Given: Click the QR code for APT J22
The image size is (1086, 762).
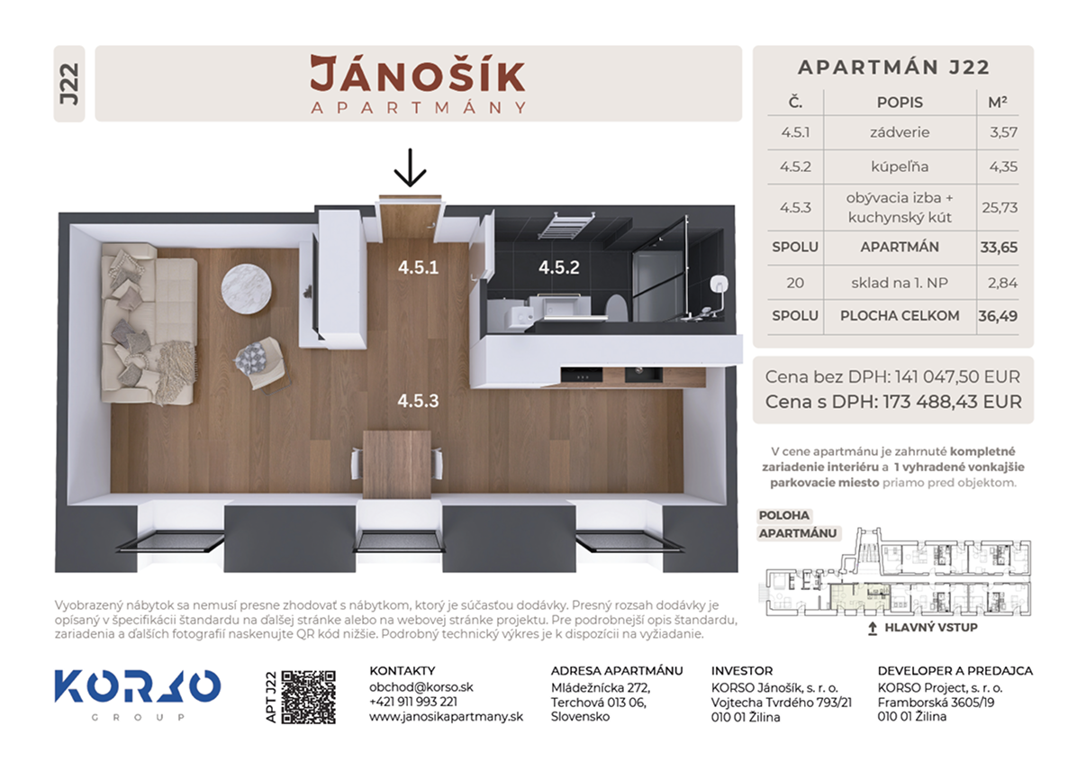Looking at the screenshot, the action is tap(308, 697).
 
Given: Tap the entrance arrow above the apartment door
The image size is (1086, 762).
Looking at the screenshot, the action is tap(410, 168).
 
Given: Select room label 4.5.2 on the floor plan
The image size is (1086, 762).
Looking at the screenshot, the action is tap(559, 268).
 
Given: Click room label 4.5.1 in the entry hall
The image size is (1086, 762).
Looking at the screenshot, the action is tap(418, 268).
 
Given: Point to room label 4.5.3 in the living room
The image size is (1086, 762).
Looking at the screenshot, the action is tap(418, 401).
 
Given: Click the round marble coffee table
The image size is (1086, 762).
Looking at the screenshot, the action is tap(247, 289).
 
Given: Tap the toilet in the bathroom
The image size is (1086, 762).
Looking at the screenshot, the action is tap(617, 307).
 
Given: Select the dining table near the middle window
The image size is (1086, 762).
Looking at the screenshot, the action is tap(397, 464).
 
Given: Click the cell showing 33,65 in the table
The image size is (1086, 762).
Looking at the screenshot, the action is tap(999, 248).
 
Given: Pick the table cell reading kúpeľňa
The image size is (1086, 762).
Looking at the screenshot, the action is tap(900, 167).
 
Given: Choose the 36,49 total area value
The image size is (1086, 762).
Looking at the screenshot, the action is tap(998, 316).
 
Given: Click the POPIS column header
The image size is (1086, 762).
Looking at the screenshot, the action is tap(900, 103).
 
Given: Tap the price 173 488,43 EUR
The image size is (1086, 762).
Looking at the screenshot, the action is tap(952, 402).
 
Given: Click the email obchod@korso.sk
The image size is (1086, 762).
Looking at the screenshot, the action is tap(421, 687).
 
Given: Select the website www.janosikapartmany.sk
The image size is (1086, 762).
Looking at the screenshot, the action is tap(446, 716).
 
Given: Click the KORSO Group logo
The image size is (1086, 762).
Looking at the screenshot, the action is tap(138, 694).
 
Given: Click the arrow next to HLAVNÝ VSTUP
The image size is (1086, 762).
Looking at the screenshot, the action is tap(873, 628).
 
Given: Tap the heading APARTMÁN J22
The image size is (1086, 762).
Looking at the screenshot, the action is tap(893, 68).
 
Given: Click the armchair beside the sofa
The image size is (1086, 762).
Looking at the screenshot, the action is tap(262, 364).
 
